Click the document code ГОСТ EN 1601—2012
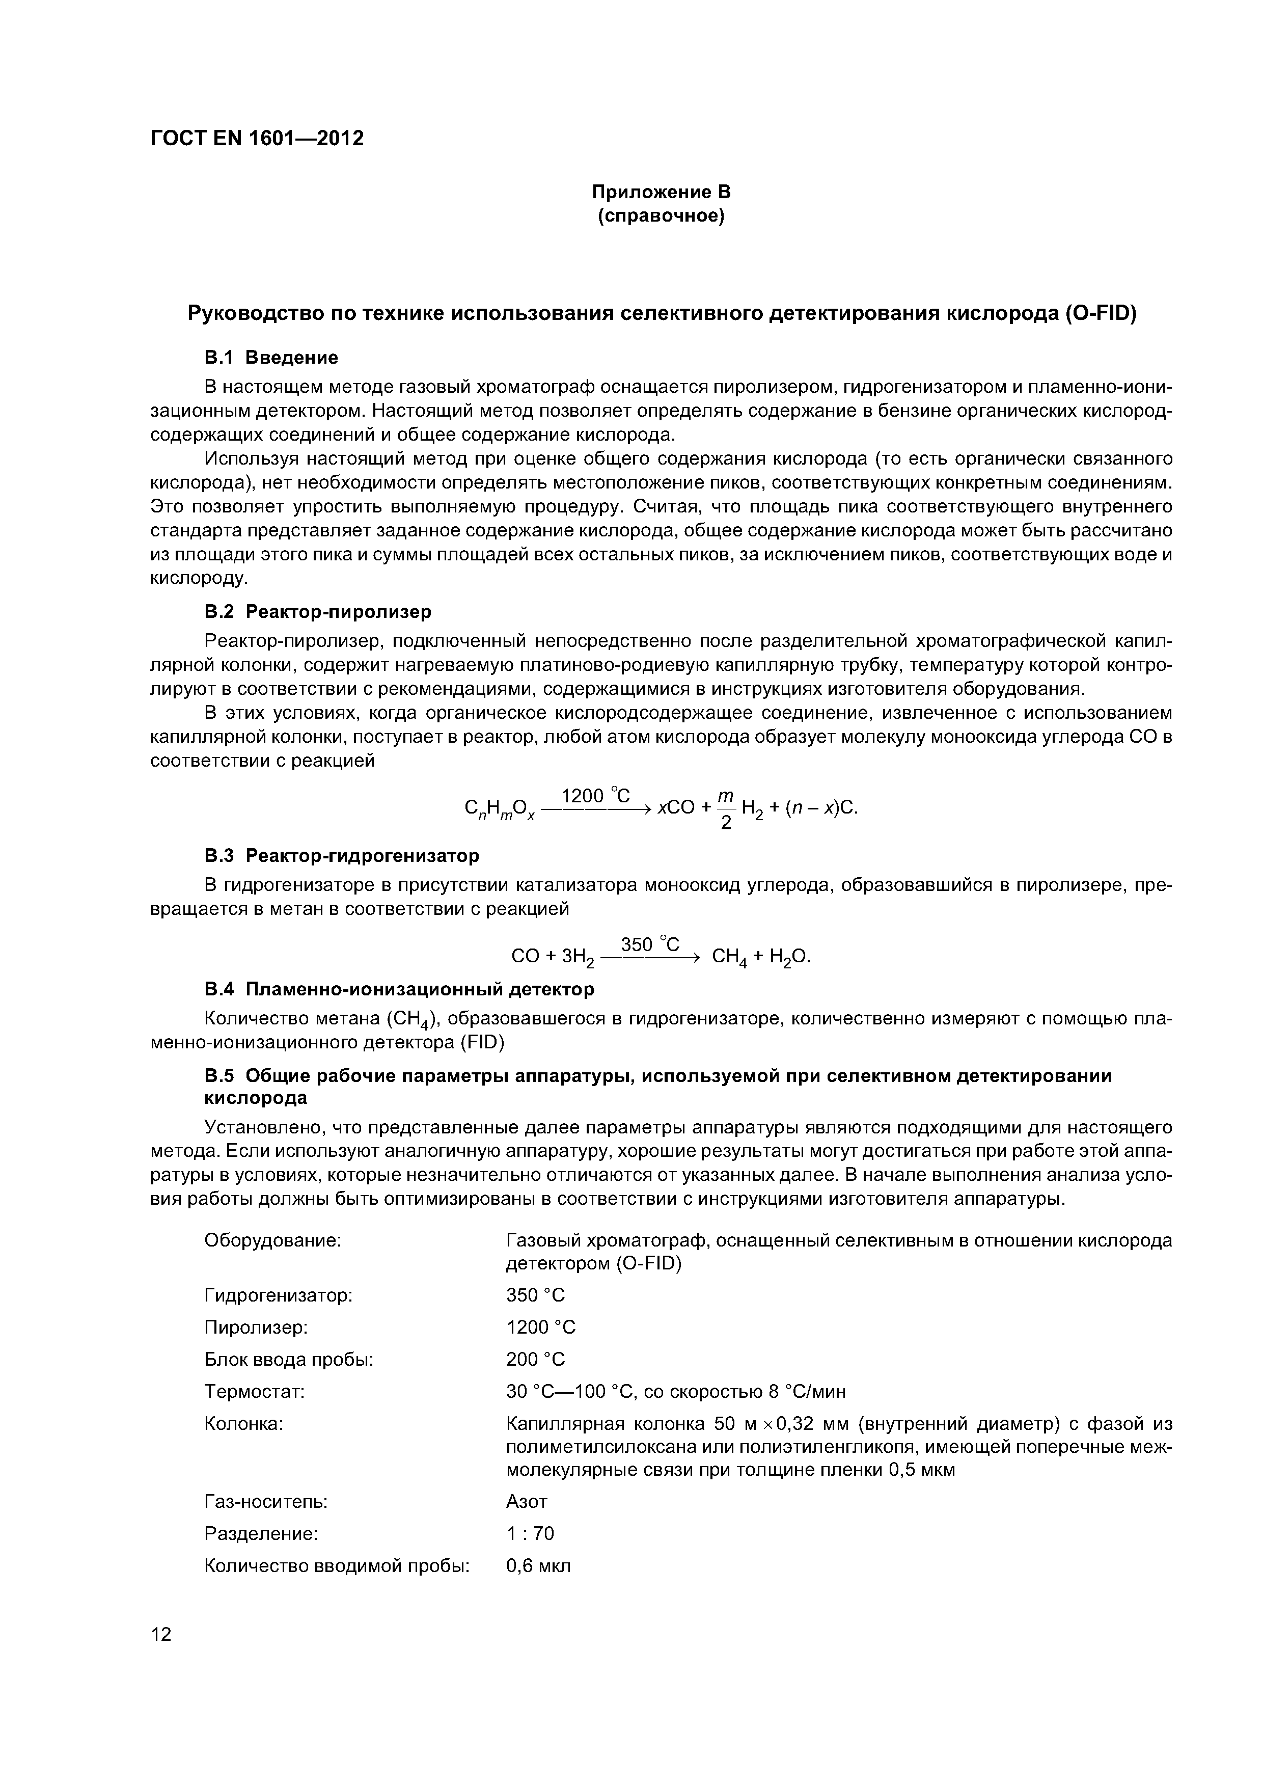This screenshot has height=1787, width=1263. tap(257, 139)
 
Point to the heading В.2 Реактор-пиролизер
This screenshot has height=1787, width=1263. tap(317, 612)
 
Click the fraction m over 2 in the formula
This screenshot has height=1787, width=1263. tap(725, 808)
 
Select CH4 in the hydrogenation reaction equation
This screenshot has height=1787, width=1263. tap(730, 957)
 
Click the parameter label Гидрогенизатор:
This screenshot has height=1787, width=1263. tap(278, 1295)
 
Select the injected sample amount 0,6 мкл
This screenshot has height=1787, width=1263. tap(538, 1565)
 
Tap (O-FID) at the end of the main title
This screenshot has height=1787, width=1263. tap(1101, 314)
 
